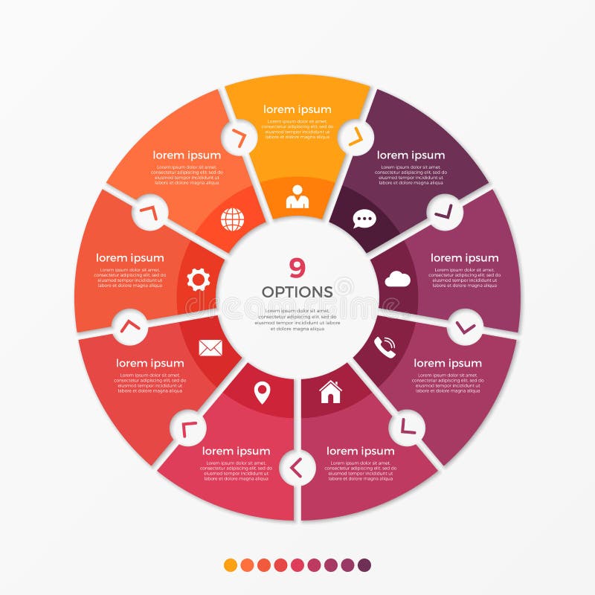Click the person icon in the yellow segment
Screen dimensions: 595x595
[x=297, y=197]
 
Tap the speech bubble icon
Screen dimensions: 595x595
[x=364, y=219]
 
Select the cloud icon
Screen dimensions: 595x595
[x=397, y=279]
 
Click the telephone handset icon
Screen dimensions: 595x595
[x=385, y=347]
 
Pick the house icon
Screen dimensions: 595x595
[x=330, y=391]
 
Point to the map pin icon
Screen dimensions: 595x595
[x=262, y=392]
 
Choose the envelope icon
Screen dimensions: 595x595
[x=210, y=347]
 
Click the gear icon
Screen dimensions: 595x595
[x=199, y=279]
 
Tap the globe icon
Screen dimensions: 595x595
[x=232, y=219]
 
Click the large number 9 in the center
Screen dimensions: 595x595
[x=297, y=268]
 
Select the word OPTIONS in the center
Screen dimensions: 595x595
[x=297, y=292]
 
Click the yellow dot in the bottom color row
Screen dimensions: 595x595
[x=231, y=565]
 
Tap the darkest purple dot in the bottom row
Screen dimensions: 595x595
[x=364, y=565]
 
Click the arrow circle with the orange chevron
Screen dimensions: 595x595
[x=354, y=136]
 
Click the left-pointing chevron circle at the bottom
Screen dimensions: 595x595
[x=297, y=467]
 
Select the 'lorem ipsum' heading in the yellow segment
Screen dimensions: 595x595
[x=297, y=109]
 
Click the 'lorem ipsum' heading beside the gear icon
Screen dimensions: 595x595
[x=129, y=258]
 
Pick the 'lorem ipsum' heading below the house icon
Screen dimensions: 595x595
[x=360, y=451]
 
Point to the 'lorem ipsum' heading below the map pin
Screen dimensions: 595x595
[x=236, y=451]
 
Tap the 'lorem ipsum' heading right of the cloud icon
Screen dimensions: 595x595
[x=464, y=258]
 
